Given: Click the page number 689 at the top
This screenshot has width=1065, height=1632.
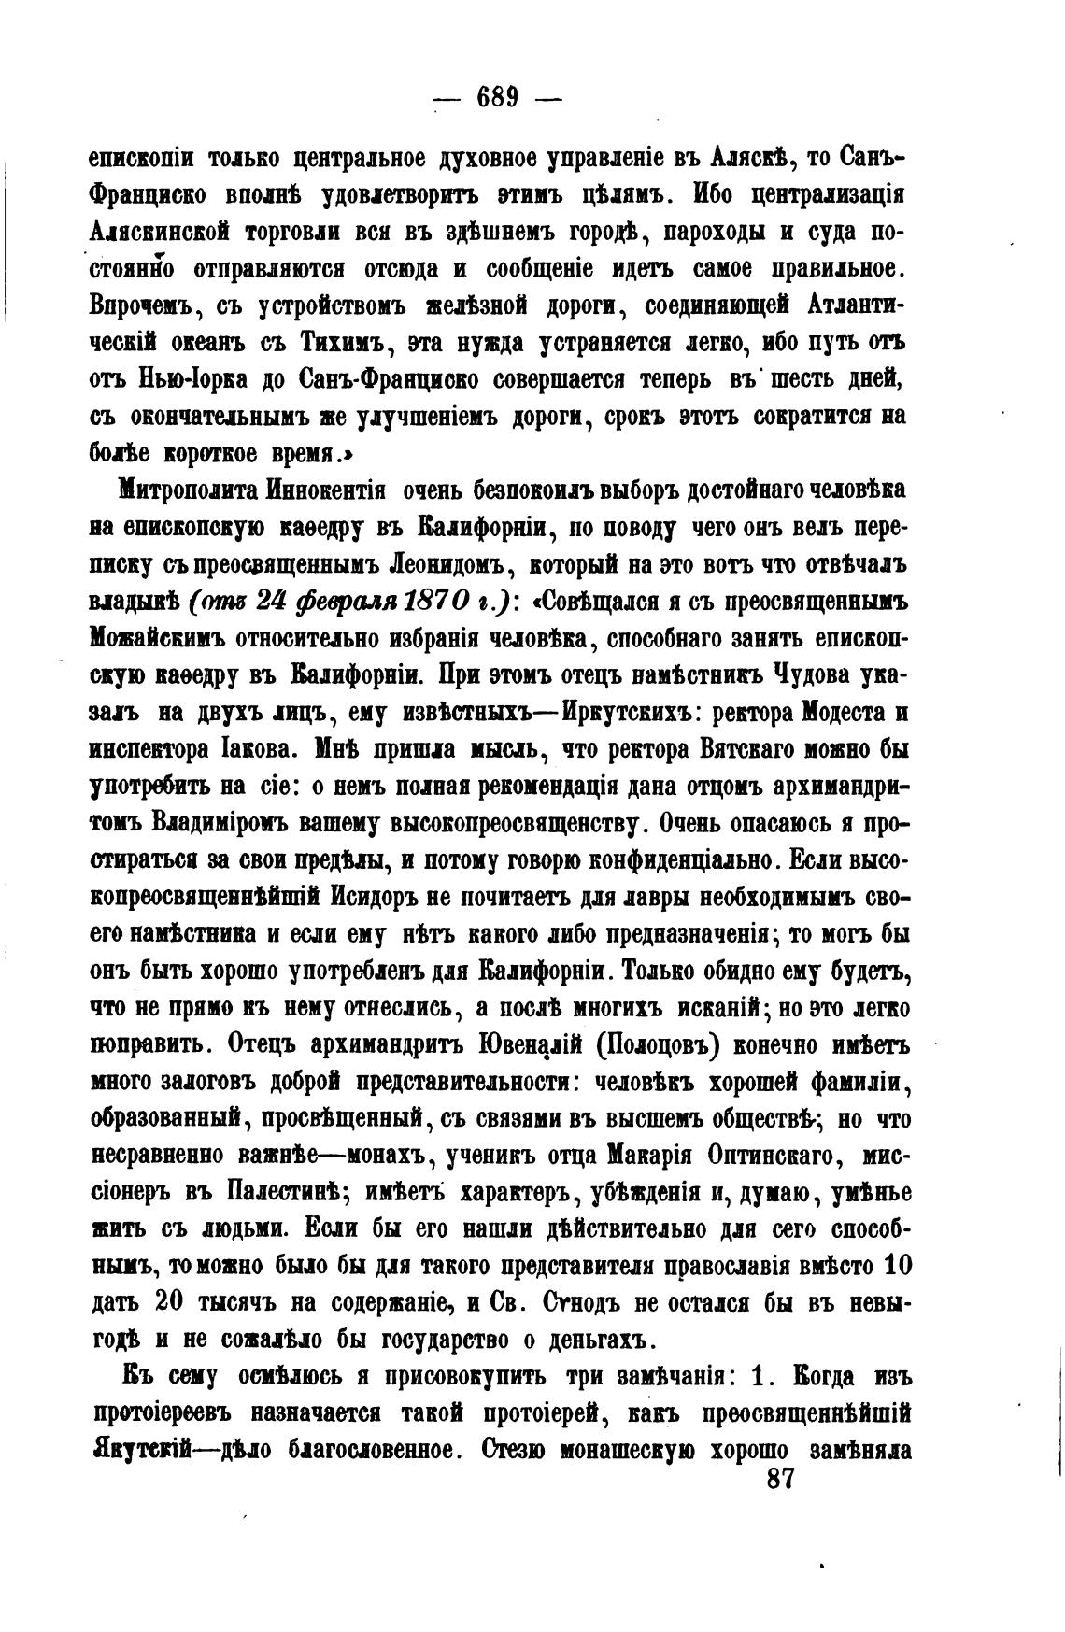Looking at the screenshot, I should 497,96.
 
